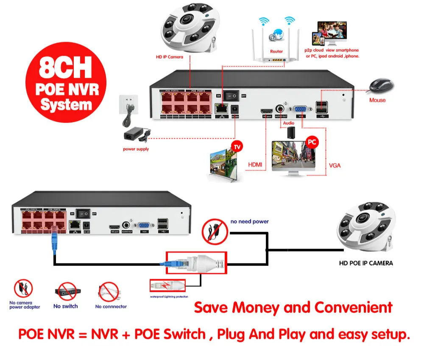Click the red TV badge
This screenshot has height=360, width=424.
(x=237, y=147)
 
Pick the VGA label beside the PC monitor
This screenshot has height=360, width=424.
(x=335, y=165)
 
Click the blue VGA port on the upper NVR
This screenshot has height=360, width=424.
(x=302, y=108)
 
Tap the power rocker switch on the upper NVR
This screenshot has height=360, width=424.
(x=232, y=96)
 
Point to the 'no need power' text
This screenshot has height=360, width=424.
(x=249, y=221)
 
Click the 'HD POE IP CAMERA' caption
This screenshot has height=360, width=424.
(x=365, y=263)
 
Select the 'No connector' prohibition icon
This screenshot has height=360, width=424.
(x=108, y=292)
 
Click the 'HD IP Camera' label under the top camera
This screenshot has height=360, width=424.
(x=169, y=56)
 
